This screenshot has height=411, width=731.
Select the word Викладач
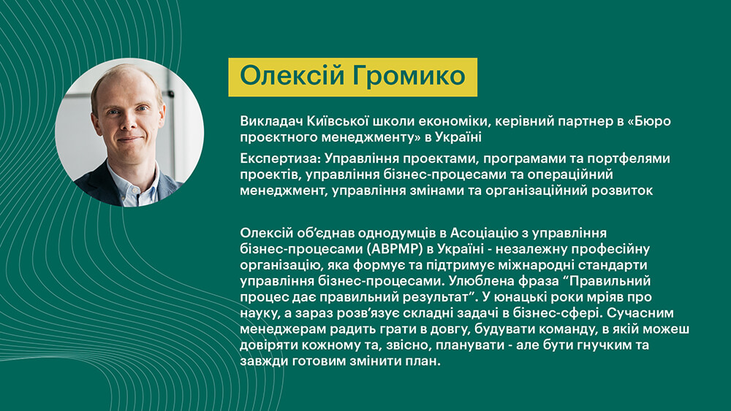coord(271,121)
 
